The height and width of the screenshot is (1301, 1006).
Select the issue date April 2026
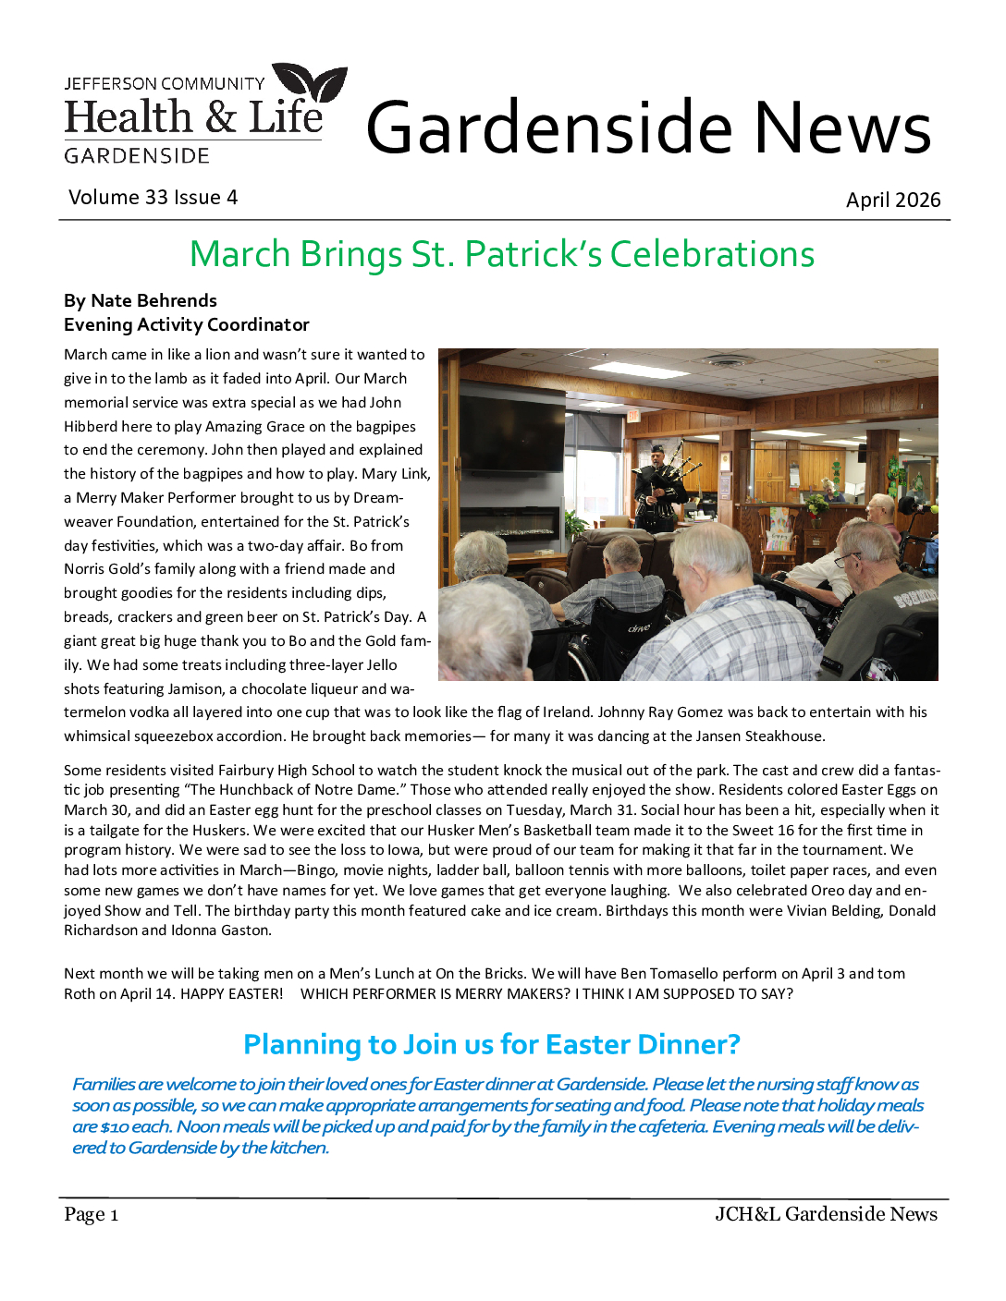point(892,201)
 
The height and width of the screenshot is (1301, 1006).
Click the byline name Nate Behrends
point(153,301)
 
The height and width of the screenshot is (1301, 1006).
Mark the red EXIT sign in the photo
point(632,416)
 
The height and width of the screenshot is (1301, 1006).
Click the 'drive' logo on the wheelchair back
point(638,628)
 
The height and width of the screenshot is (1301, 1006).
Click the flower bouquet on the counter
point(816,504)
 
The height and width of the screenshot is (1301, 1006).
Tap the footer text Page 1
point(91,1215)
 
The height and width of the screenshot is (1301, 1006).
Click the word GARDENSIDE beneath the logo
point(137,156)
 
